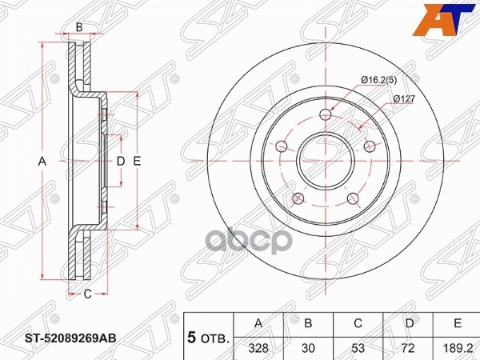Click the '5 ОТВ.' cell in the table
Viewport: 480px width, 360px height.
click(x=207, y=336)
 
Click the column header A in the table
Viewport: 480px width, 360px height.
click(x=258, y=322)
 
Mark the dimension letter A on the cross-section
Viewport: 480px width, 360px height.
click(x=43, y=162)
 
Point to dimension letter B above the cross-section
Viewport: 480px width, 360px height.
click(x=79, y=28)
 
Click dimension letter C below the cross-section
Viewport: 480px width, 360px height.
click(x=88, y=294)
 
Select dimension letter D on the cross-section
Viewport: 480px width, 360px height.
click(x=120, y=162)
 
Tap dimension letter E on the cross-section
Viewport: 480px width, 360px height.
click(x=138, y=162)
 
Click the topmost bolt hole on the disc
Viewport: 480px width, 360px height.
click(x=324, y=114)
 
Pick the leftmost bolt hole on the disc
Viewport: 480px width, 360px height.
click(x=281, y=146)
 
